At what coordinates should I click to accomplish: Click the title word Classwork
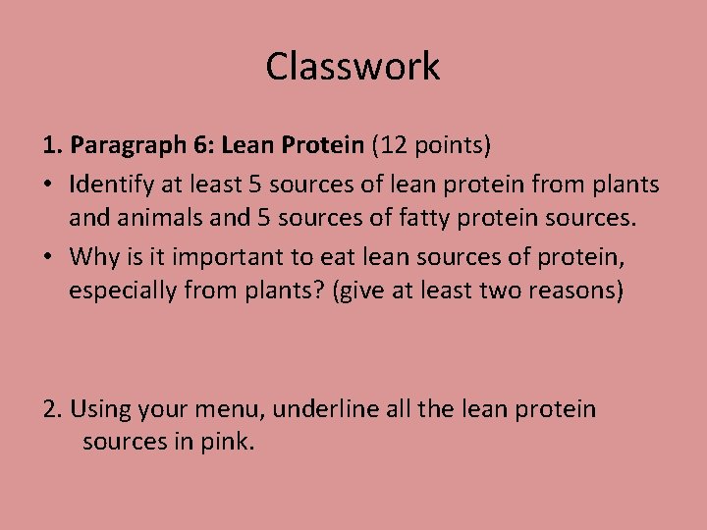[x=353, y=67]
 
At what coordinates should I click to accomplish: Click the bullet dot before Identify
[x=49, y=185]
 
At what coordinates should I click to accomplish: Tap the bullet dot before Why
[x=49, y=257]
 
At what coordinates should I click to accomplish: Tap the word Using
[x=103, y=408]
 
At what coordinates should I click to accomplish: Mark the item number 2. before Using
[x=53, y=408]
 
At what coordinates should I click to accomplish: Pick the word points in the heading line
[x=450, y=146]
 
